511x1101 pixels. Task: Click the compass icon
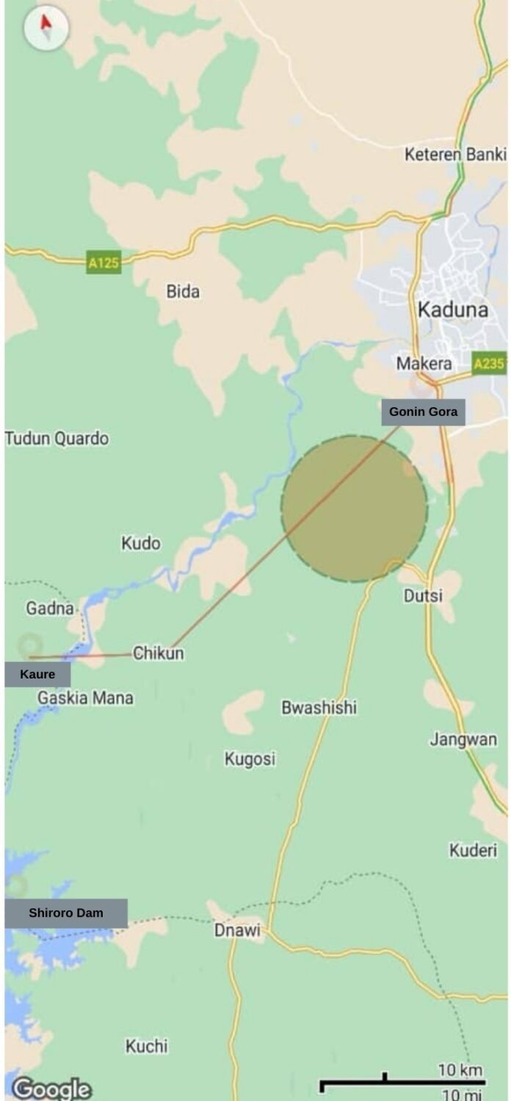(x=46, y=29)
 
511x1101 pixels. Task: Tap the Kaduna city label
(x=453, y=310)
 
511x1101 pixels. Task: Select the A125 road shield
(x=104, y=263)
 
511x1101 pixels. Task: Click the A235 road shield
(x=488, y=363)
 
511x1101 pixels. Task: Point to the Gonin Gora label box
(x=423, y=412)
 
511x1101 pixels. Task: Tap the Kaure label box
(x=37, y=675)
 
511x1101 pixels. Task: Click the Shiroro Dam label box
(x=66, y=913)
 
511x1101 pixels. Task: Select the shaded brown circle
(x=355, y=508)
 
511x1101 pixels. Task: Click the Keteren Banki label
(x=455, y=155)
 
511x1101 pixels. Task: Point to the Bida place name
(x=183, y=291)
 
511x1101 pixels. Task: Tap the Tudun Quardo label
(x=57, y=439)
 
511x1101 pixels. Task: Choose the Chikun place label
(x=159, y=653)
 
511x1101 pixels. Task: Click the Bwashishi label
(x=319, y=707)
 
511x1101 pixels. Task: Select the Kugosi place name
(x=250, y=759)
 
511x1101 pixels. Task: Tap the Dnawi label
(x=237, y=930)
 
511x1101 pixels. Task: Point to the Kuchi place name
(x=147, y=1046)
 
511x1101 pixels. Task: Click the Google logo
(x=51, y=1087)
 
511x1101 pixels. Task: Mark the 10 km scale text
(x=460, y=1070)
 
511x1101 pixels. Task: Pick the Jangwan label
(x=463, y=739)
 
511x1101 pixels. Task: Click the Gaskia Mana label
(x=86, y=698)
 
